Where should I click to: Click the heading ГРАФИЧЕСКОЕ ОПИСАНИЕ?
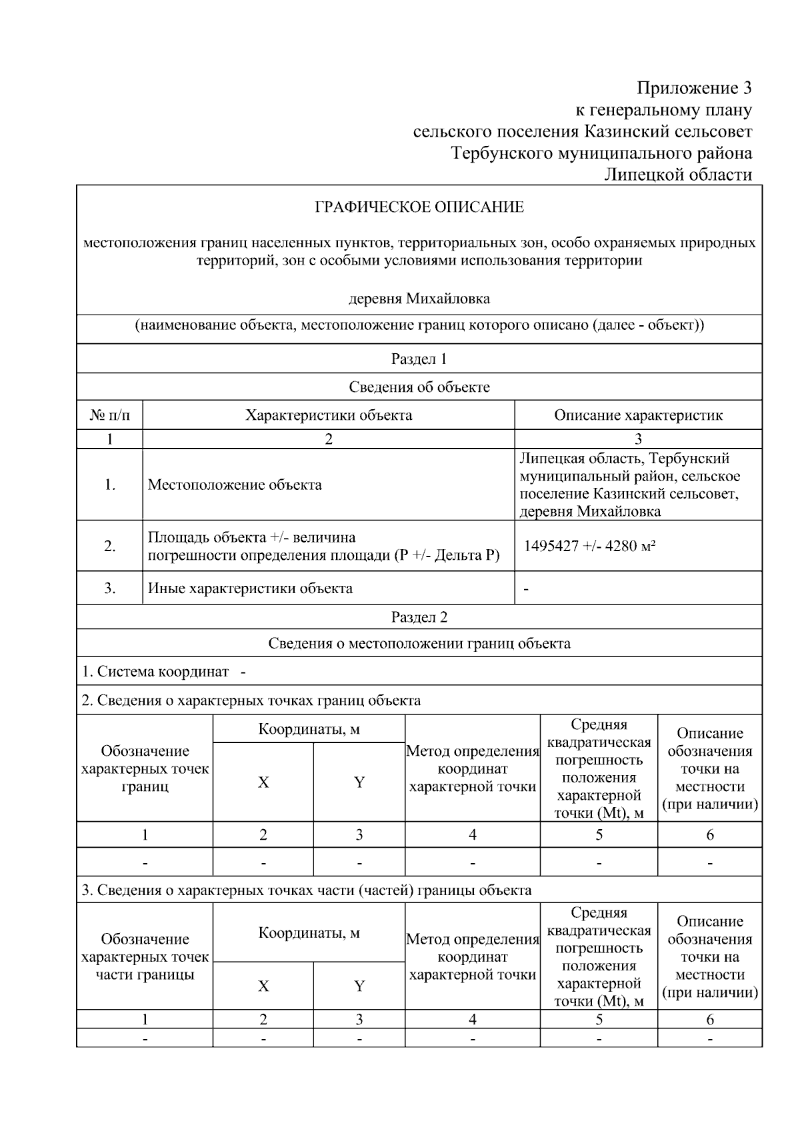(x=419, y=207)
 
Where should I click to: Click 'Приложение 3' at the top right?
(x=693, y=88)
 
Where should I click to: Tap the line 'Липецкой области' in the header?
(x=677, y=175)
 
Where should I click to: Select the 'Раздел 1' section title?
(x=419, y=359)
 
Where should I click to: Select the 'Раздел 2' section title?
(x=419, y=617)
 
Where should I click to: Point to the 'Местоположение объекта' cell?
(x=235, y=485)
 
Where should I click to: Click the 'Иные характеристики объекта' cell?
(x=250, y=588)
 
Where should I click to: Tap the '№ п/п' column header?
(x=110, y=415)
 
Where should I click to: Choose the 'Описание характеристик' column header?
(x=638, y=415)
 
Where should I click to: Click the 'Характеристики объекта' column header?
(x=329, y=415)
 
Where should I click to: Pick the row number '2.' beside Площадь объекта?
(x=110, y=547)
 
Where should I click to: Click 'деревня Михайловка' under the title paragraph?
(x=419, y=298)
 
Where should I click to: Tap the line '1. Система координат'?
(x=163, y=672)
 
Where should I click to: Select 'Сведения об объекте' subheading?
(x=419, y=387)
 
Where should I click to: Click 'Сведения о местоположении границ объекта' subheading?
(x=419, y=644)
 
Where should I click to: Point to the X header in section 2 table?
(x=263, y=782)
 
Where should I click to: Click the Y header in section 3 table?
(x=359, y=986)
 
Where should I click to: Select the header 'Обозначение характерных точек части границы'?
(x=145, y=957)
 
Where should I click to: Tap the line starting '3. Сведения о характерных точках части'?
(x=307, y=890)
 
